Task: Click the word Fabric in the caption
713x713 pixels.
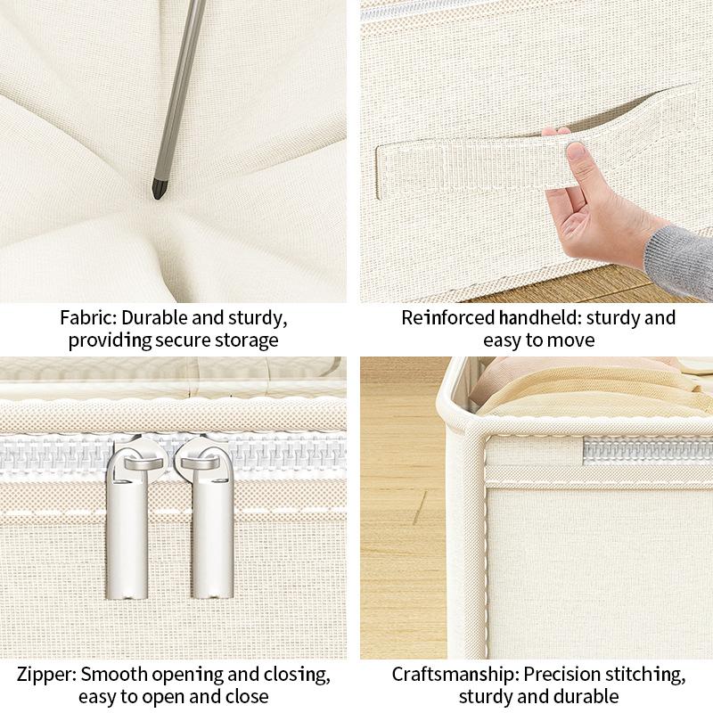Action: pos(86,318)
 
